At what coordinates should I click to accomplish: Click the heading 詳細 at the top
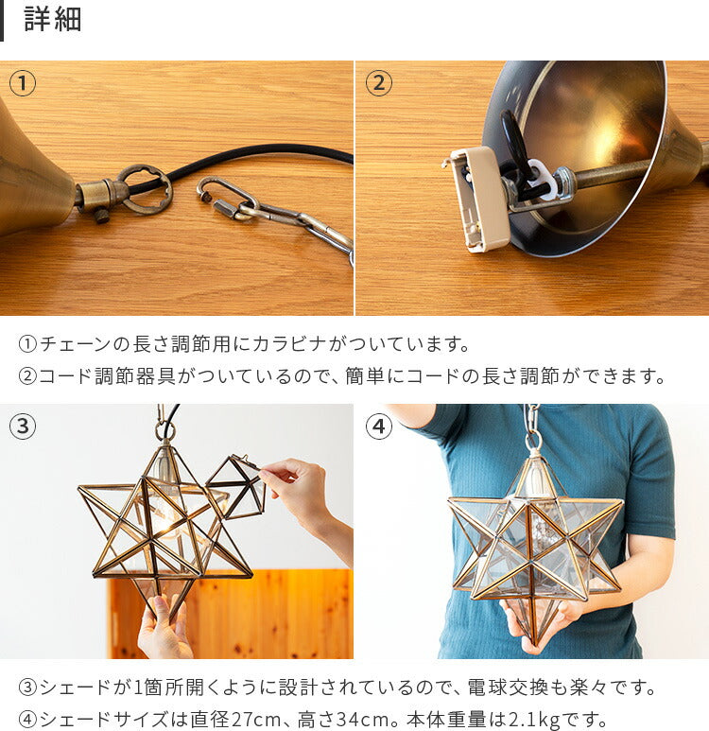[52, 20]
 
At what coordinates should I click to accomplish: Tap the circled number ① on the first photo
[23, 83]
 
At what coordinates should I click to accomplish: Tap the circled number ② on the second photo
[378, 83]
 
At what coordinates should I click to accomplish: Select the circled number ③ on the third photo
[23, 426]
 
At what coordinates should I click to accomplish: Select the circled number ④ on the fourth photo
[378, 426]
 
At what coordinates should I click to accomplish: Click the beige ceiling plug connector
[480, 199]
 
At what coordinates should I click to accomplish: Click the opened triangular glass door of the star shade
[235, 487]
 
